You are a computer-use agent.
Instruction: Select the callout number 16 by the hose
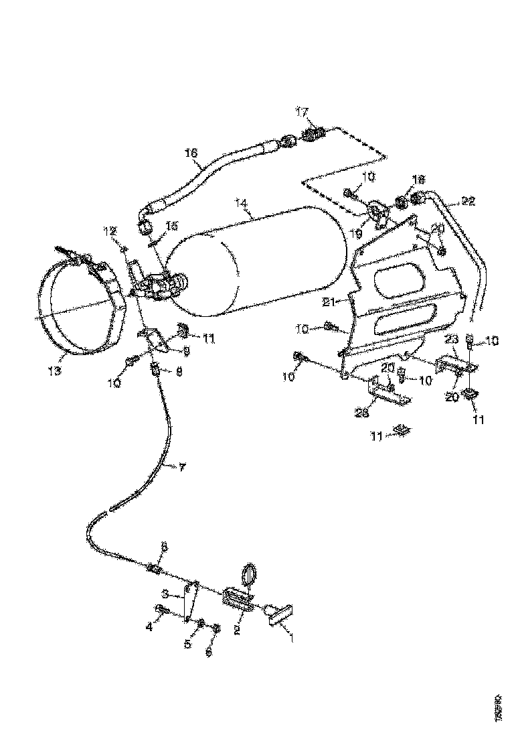192,153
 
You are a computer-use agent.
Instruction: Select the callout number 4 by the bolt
150,627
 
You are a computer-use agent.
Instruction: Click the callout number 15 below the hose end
172,226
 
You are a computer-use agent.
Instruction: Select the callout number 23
451,339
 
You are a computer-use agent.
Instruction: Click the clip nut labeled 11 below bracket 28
401,429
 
